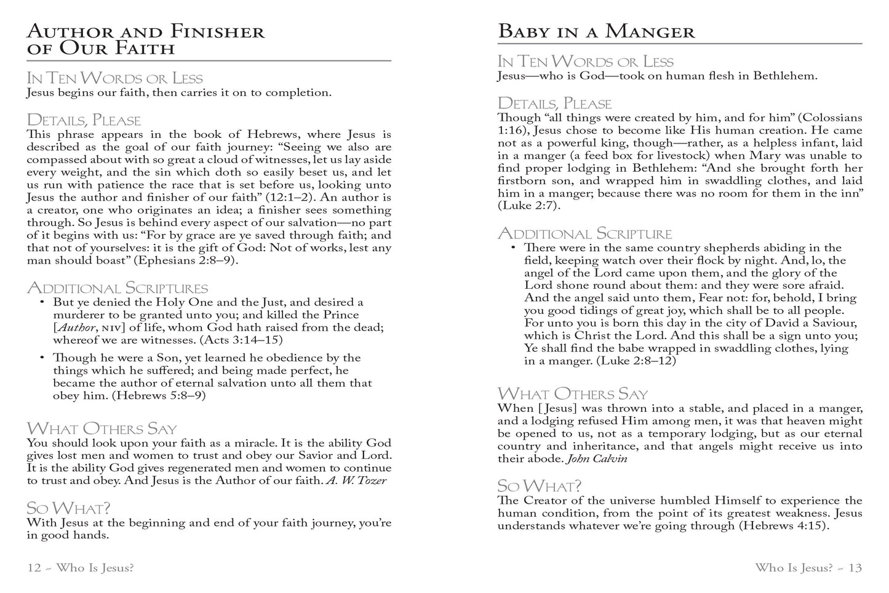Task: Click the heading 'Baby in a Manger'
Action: pyautogui.click(x=596, y=31)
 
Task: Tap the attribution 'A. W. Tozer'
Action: pyautogui.click(x=356, y=480)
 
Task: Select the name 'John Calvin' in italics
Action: pyautogui.click(x=596, y=459)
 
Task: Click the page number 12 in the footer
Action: pyautogui.click(x=34, y=568)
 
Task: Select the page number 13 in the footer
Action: pyautogui.click(x=855, y=568)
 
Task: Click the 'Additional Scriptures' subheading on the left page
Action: pyautogui.click(x=118, y=288)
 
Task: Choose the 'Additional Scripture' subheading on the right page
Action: pyautogui.click(x=584, y=233)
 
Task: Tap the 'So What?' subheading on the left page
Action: pyautogui.click(x=68, y=508)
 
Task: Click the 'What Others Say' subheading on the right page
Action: pyautogui.click(x=572, y=393)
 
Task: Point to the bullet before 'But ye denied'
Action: pyautogui.click(x=42, y=302)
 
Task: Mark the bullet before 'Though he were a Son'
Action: pyautogui.click(x=42, y=358)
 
